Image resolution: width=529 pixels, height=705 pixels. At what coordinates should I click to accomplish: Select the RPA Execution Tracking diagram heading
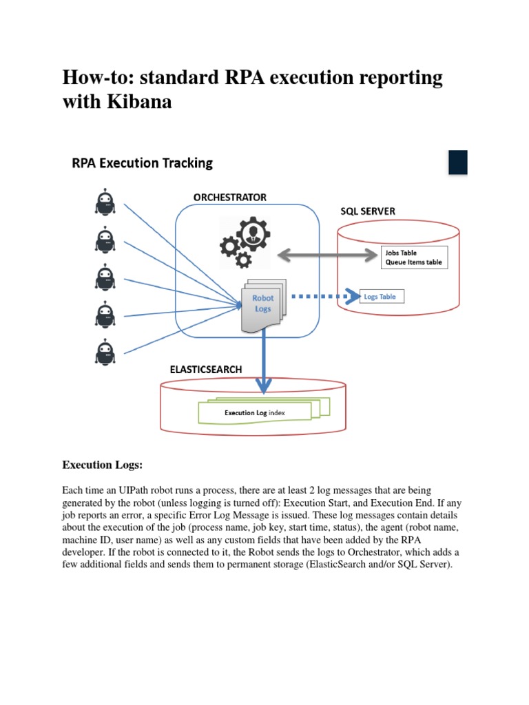(143, 163)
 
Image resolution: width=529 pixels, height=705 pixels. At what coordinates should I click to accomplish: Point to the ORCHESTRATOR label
(229, 197)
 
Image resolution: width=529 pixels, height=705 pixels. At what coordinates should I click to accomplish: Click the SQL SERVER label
(368, 211)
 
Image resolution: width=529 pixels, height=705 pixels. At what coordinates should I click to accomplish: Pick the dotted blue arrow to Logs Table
(324, 297)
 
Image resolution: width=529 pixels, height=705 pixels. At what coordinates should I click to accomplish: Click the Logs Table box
(380, 297)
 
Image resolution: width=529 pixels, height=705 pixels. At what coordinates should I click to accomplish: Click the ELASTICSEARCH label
(206, 369)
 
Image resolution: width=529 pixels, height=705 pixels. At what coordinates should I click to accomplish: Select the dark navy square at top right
(458, 162)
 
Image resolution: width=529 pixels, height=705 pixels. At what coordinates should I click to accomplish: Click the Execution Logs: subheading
(102, 465)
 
